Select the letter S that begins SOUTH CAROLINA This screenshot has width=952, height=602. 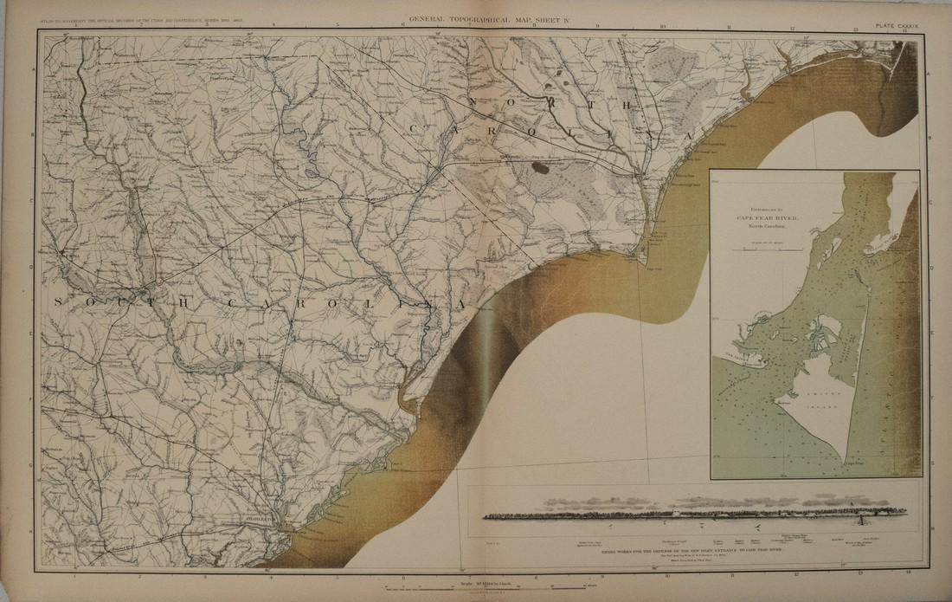[59, 301]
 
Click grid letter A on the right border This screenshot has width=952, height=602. [929, 75]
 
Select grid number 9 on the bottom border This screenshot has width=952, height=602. [597, 572]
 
